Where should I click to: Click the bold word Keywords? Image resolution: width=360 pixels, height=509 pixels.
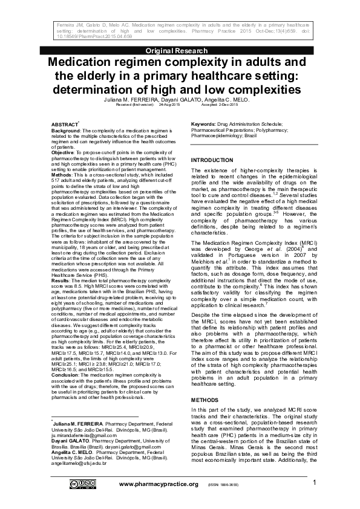pos(204,123)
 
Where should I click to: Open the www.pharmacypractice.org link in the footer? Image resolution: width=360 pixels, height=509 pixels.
pos(159,484)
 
